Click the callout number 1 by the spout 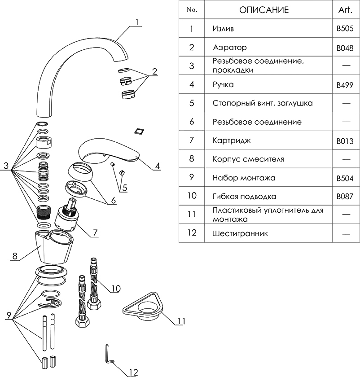tap(138, 22)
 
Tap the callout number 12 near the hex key tap(133, 371)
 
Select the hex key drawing tap(109, 355)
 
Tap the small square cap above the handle tap(138, 131)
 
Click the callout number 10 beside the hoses tap(115, 288)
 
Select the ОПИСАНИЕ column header tap(263, 10)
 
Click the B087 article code tap(345, 197)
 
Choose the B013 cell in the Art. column tap(345, 141)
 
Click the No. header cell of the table tap(191, 10)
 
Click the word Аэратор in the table tap(230, 47)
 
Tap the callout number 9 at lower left tap(8, 316)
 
